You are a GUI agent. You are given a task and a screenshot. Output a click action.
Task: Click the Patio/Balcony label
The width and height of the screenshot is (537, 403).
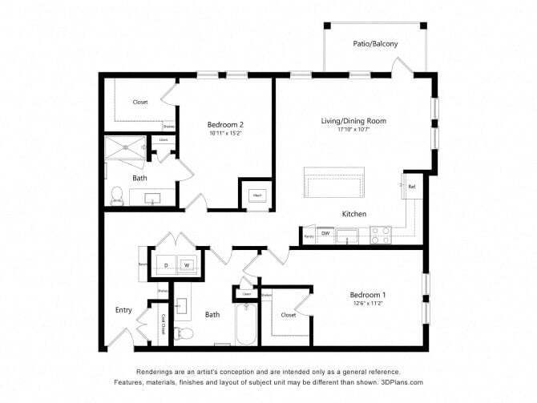374,44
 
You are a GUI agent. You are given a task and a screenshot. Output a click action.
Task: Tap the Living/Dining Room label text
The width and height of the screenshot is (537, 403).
353,121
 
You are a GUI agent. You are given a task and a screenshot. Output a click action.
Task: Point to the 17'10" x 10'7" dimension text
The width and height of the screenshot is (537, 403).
353,130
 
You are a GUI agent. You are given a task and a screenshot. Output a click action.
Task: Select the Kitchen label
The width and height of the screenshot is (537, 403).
353,214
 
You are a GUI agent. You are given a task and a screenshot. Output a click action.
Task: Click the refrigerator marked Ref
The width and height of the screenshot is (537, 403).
411,187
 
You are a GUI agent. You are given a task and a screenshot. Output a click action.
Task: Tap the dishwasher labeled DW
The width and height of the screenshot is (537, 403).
325,234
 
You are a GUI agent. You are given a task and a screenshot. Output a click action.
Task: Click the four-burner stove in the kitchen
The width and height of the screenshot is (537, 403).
380,235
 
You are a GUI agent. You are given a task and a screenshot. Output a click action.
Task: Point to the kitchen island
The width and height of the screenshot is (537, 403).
333,183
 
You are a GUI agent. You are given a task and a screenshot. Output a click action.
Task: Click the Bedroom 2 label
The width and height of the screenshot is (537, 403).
224,125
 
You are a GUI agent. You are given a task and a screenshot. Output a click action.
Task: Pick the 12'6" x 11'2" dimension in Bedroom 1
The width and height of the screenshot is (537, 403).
369,303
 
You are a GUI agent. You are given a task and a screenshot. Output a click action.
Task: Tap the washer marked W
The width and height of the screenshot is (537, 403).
186,264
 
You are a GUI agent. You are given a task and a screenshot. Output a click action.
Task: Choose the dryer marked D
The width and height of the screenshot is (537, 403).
167,264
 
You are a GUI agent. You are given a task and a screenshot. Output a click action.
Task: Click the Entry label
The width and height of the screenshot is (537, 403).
123,309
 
